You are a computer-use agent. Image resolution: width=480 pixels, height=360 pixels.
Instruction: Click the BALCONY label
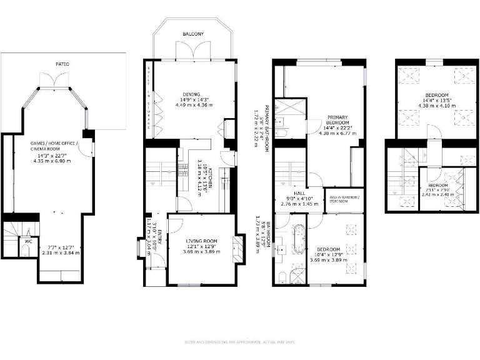[x=193, y=34]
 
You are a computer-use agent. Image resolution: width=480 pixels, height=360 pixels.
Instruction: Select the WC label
[x=29, y=240]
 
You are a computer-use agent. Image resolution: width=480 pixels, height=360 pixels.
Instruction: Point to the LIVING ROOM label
[x=201, y=240]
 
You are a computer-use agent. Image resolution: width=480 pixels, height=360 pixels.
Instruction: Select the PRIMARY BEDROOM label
[x=337, y=119]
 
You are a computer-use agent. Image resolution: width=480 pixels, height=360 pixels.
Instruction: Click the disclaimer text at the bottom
[x=240, y=342]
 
